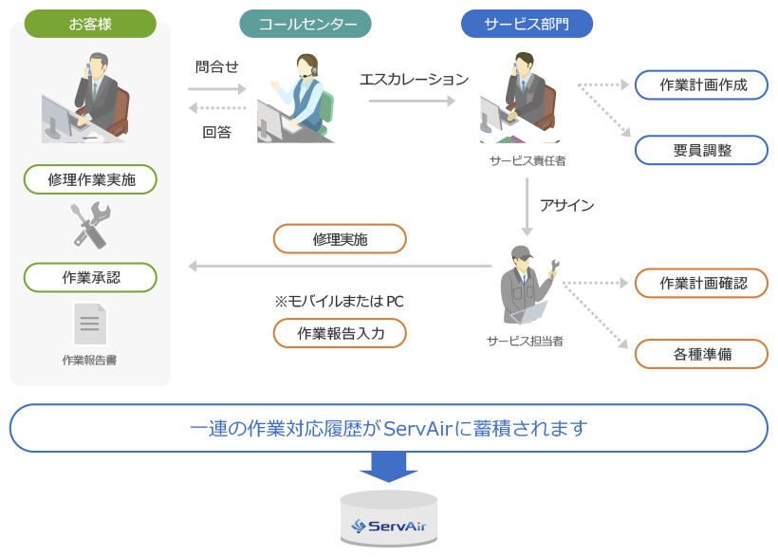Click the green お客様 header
tap(90, 24)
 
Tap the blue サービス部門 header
tap(527, 24)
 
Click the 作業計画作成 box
tap(702, 84)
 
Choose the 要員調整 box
tap(702, 150)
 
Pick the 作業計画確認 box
tap(702, 283)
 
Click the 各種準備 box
tap(702, 354)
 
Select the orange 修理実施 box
tap(340, 239)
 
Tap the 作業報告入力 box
tap(340, 333)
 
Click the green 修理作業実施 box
tap(90, 178)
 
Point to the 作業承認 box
tap(90, 277)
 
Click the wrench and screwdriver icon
tap(91, 226)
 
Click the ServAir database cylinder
tap(389, 519)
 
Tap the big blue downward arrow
tap(389, 467)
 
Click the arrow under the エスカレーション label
tap(414, 99)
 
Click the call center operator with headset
tap(299, 101)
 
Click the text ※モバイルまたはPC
tap(340, 301)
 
